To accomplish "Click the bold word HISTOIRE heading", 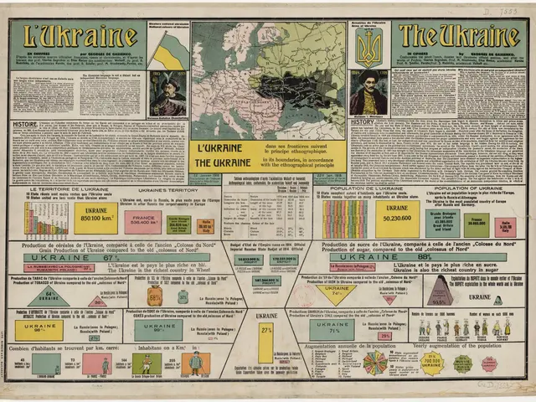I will point(24,124).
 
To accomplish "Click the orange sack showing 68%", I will point(155,296).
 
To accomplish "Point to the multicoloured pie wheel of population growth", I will point(374,363).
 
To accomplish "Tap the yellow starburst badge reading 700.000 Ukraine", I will point(431,363).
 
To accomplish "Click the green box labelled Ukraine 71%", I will point(332,330).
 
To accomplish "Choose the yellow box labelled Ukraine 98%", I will point(39,330).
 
